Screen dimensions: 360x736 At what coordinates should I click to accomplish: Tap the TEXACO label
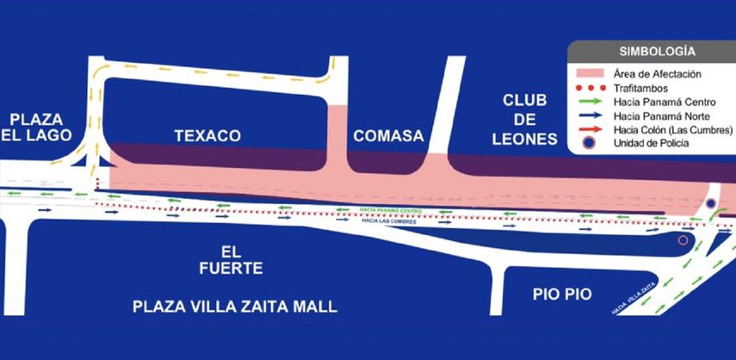[207, 136]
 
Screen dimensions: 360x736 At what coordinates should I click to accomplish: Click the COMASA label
[389, 136]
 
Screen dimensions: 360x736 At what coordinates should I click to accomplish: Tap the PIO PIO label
[562, 294]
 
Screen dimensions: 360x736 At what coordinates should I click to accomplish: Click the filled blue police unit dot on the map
[711, 203]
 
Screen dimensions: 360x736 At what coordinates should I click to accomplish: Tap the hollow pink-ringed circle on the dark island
[683, 239]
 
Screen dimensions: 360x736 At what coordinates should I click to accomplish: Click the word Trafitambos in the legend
[638, 87]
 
